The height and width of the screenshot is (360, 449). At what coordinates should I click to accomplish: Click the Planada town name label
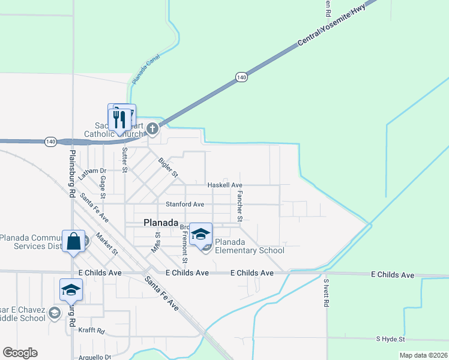161,223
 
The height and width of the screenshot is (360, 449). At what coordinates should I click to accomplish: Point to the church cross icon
152,128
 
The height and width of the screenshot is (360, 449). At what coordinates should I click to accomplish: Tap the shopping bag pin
73,242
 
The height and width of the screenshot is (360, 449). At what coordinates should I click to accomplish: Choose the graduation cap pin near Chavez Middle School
71,290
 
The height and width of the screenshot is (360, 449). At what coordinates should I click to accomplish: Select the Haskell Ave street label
224,185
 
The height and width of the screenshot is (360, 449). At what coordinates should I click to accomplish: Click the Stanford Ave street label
185,205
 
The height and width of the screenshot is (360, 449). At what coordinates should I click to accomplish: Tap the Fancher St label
239,204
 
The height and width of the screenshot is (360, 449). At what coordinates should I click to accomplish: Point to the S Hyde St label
391,339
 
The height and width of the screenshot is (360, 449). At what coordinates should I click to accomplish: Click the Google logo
20,353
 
